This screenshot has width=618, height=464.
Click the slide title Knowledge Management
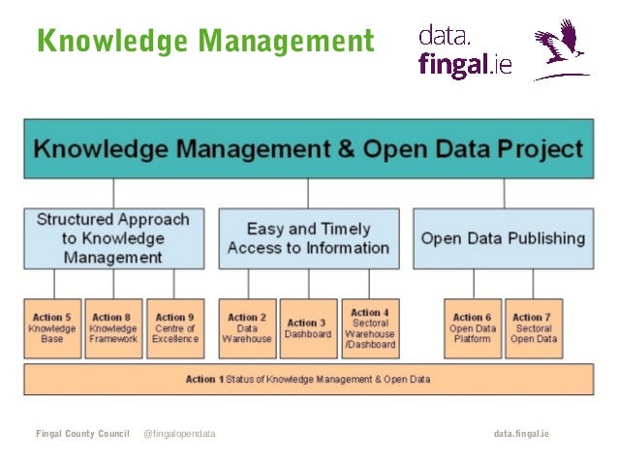point(204,42)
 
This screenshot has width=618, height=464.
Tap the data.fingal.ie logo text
point(464,51)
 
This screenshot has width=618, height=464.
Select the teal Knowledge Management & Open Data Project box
point(308,148)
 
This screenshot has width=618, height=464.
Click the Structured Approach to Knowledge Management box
point(113,237)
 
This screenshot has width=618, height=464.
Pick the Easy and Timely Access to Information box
point(308,237)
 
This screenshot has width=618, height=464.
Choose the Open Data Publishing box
point(503,237)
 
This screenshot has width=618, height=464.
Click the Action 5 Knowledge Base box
point(53,327)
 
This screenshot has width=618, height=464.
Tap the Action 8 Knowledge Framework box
point(113,327)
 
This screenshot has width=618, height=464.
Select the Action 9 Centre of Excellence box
point(174,327)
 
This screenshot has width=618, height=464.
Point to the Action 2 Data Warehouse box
point(247,327)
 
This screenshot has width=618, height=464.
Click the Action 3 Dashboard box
point(308,327)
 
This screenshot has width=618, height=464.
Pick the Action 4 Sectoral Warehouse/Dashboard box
point(369,327)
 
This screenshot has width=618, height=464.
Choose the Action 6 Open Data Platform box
point(472,327)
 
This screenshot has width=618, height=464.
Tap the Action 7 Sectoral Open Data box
point(534,327)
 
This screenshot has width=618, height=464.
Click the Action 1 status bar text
point(308,379)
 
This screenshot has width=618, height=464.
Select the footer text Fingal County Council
point(82,434)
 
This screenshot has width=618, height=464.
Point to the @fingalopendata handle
point(179,434)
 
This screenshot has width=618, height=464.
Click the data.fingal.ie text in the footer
point(521,434)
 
